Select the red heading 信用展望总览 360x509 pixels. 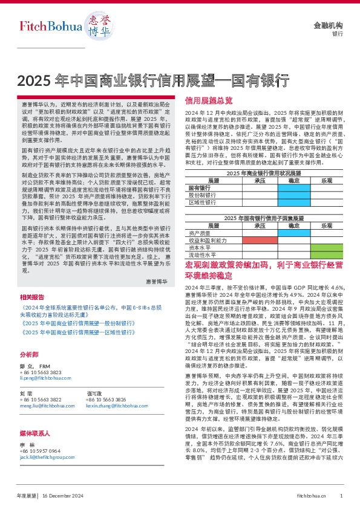[x=209, y=100]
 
